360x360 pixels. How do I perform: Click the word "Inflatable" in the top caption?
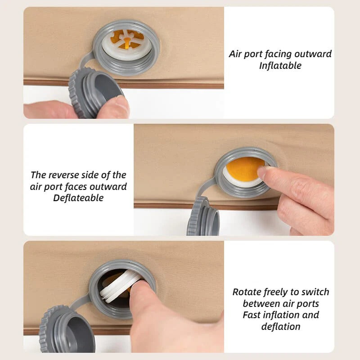pos(280,66)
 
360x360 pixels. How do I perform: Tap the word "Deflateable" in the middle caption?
pos(78,198)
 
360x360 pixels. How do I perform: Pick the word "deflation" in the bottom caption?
pos(281,327)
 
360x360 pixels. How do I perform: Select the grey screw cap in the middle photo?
pos(203,216)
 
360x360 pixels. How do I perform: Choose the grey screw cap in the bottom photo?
pos(67,329)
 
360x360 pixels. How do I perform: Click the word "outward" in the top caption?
pos(313,54)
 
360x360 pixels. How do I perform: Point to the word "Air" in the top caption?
pos(235,54)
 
